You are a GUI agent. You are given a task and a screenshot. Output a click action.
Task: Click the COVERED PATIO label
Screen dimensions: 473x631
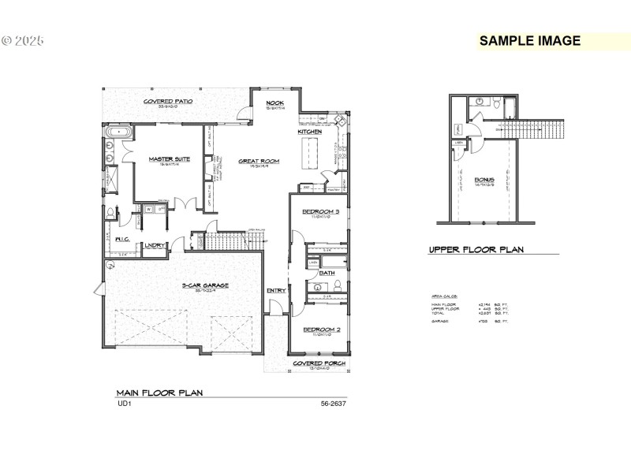point(168,102)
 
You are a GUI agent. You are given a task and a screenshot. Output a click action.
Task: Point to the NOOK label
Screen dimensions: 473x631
point(274,103)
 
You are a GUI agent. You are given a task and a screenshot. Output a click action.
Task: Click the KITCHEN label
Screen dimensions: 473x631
point(309,132)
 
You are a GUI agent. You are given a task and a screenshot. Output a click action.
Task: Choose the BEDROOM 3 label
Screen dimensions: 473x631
point(321,211)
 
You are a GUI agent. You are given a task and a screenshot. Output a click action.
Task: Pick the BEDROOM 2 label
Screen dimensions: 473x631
point(321,329)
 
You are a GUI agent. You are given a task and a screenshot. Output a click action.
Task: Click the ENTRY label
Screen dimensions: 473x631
point(276,290)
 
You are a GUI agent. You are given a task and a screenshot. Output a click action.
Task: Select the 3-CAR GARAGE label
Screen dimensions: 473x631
point(205,285)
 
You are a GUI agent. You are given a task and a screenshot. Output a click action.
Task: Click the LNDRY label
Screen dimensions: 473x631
point(155,245)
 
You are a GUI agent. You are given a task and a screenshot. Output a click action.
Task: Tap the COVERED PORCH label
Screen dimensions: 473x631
point(319,363)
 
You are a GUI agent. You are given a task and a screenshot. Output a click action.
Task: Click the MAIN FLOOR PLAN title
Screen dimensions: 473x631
point(160,392)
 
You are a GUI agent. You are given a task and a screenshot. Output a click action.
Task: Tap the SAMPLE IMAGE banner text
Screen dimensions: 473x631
point(530,41)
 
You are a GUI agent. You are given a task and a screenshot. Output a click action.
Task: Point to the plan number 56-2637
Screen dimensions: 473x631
point(332,404)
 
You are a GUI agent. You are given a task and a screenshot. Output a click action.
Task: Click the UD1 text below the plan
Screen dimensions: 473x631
point(123,404)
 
